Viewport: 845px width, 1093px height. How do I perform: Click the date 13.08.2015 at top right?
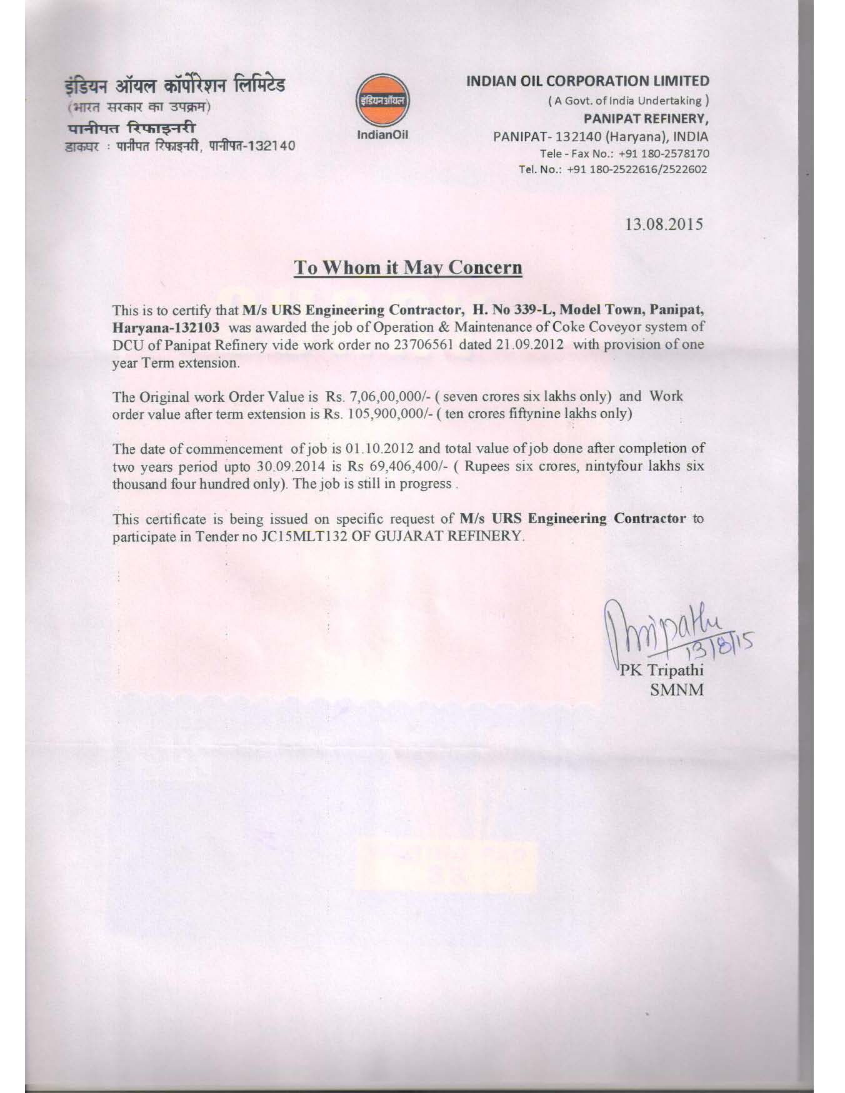pyautogui.click(x=664, y=224)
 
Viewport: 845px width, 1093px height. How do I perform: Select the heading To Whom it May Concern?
pyautogui.click(x=408, y=267)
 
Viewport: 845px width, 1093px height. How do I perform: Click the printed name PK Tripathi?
pyautogui.click(x=661, y=671)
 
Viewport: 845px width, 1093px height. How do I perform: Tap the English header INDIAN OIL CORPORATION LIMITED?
pyautogui.click(x=587, y=81)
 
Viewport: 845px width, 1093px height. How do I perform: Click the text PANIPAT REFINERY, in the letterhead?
pyautogui.click(x=646, y=118)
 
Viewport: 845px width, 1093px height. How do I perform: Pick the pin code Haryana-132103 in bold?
pyautogui.click(x=166, y=327)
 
